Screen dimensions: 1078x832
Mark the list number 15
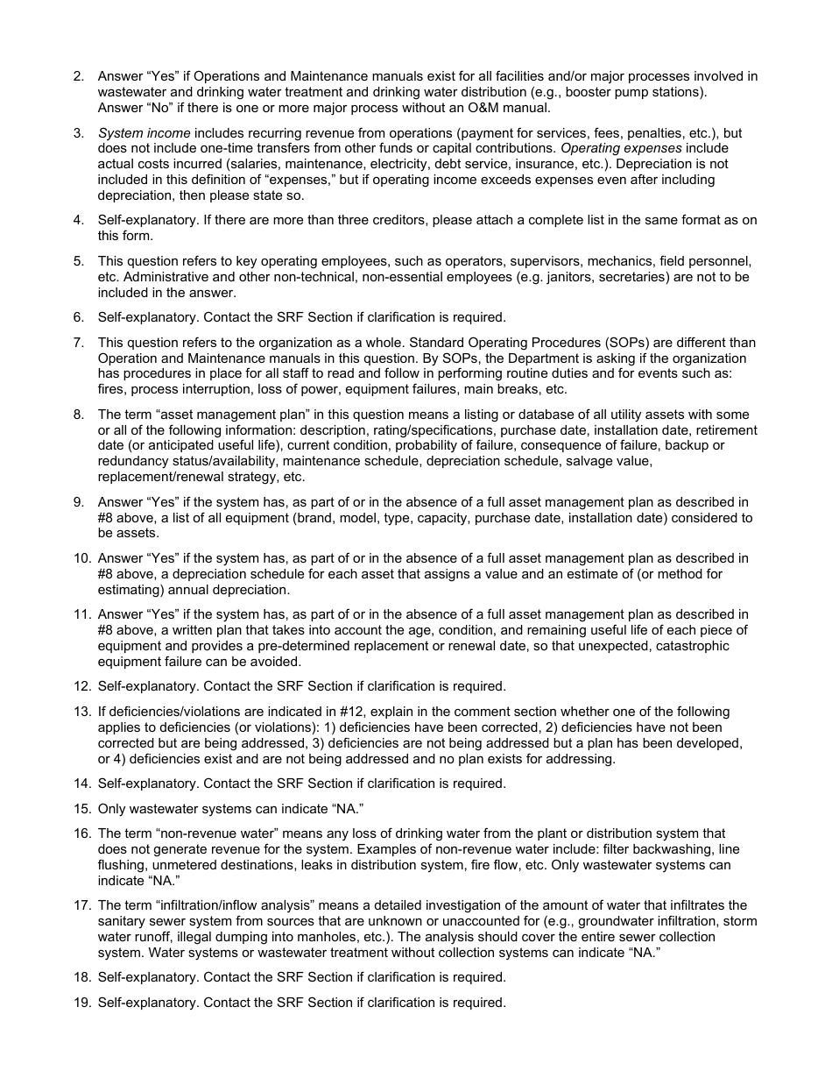(x=81, y=808)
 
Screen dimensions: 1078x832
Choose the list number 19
(x=81, y=1002)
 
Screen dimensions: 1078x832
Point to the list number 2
(x=78, y=77)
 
